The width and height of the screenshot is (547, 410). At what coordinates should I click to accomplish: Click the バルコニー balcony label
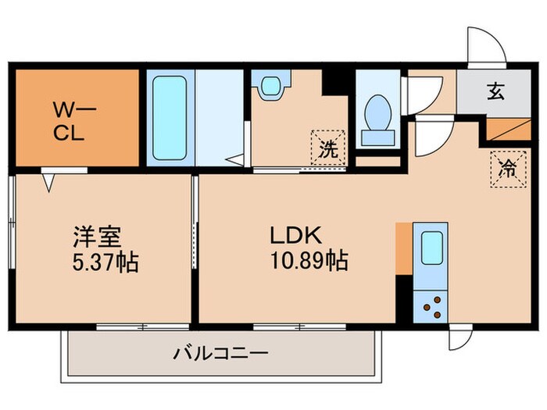(220, 353)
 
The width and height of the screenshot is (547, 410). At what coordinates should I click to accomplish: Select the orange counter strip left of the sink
(402, 248)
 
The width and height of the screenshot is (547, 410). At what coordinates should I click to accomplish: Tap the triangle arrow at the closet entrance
(48, 182)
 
